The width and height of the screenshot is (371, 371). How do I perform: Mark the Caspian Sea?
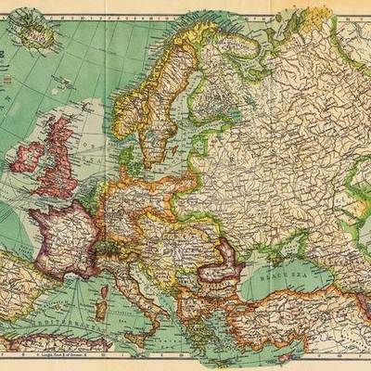point(357,232)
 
